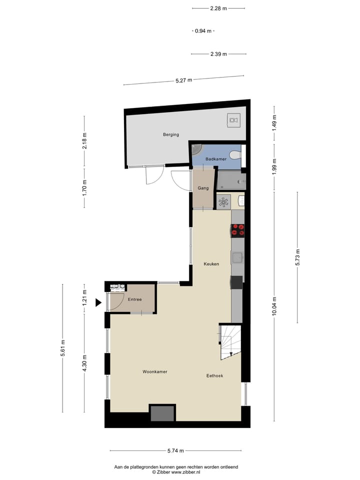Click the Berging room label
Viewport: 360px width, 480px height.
click(x=170, y=134)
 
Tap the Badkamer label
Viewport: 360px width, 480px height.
click(x=216, y=159)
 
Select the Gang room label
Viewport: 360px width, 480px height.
click(x=202, y=188)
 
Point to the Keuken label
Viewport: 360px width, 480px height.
click(x=211, y=264)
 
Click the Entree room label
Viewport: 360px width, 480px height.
click(x=134, y=299)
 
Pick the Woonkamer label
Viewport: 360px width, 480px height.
click(x=154, y=372)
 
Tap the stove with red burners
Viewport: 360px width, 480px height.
click(x=237, y=230)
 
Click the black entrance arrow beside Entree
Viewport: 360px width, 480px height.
click(x=98, y=302)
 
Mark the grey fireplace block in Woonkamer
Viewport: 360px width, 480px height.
click(x=162, y=413)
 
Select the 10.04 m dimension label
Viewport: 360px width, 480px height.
click(x=274, y=305)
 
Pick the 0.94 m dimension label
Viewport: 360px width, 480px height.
click(x=203, y=31)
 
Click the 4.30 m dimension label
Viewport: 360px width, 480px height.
click(x=84, y=363)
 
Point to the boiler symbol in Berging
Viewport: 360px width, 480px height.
click(x=233, y=119)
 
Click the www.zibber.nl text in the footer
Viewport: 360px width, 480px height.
click(x=186, y=471)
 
